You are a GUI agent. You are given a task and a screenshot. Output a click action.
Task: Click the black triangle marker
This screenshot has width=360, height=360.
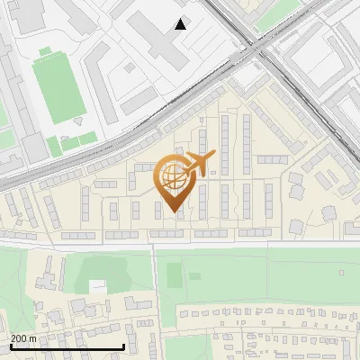pos(181,24)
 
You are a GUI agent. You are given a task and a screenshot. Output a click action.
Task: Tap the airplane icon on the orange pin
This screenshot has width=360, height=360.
pos(198,163)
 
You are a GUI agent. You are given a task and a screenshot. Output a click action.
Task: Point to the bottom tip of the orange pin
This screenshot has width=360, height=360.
pos(172,211)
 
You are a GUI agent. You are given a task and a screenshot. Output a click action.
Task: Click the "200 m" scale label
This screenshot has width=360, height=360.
pos(23,338)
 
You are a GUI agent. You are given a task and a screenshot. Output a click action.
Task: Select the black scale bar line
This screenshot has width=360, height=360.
pos(67,346)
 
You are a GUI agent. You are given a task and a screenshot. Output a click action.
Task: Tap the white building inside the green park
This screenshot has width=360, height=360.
pos(96,286)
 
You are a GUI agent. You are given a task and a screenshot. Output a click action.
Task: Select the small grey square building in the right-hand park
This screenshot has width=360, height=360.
pos(341,272)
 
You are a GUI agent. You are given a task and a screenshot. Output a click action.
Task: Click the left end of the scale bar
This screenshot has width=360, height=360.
pos(11,346)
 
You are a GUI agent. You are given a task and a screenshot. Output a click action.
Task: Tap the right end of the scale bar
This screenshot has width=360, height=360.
pos(123,346)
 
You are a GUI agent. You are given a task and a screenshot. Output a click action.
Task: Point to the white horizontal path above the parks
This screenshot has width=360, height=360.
pos(180,244)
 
